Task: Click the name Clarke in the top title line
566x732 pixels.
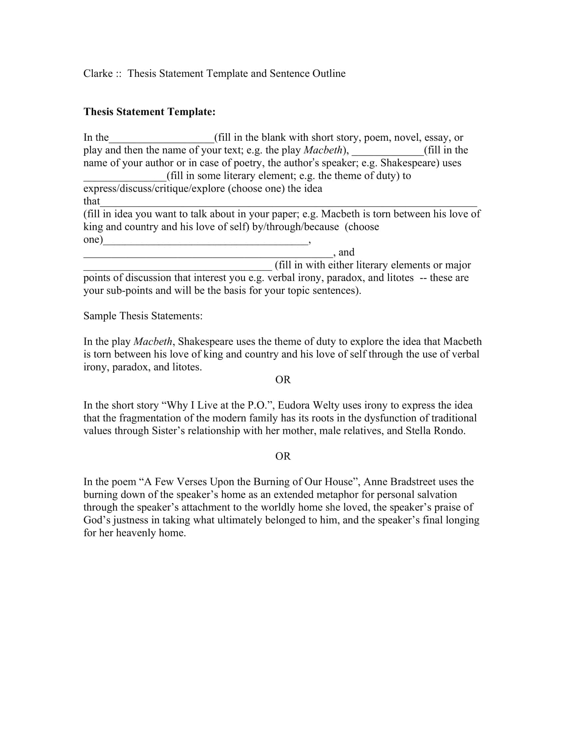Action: click(98, 74)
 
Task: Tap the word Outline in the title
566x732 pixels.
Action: click(329, 74)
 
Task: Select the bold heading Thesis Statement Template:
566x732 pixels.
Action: click(149, 111)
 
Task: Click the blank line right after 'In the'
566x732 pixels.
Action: click(161, 139)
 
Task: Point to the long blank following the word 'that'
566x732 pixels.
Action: click(288, 202)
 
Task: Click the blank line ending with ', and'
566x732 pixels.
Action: click(208, 254)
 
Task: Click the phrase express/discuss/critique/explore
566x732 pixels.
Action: click(154, 189)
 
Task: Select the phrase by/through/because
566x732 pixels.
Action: click(295, 227)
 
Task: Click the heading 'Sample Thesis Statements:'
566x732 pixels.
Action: click(143, 316)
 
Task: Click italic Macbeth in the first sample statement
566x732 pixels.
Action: click(152, 341)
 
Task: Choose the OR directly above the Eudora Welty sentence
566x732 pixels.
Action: click(283, 380)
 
